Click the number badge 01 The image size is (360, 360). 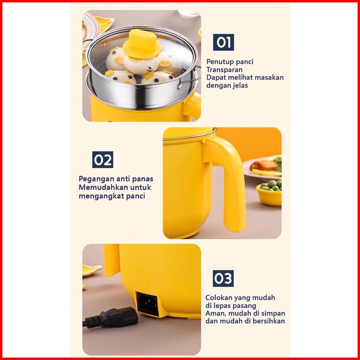223,42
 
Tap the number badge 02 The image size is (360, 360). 103,160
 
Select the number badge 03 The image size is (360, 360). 223,278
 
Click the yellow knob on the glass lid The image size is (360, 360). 142,44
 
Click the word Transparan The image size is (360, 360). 224,70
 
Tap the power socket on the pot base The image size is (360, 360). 147,304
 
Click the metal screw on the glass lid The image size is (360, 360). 150,69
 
